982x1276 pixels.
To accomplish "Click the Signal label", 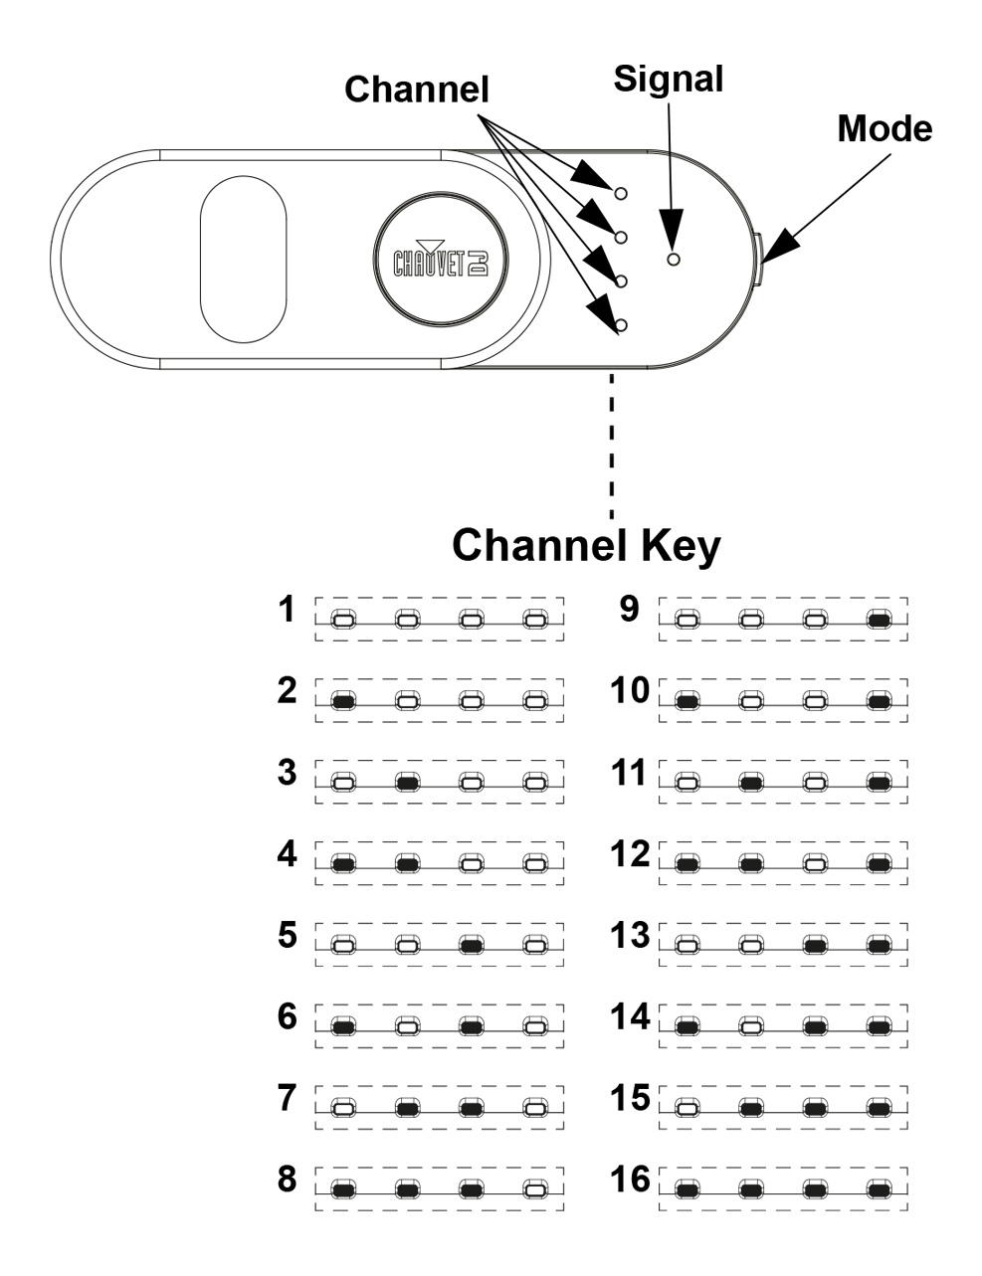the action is (668, 81).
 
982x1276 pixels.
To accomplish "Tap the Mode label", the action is (884, 128).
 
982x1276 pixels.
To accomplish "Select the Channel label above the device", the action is (416, 90).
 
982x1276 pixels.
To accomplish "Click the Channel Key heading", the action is (586, 546).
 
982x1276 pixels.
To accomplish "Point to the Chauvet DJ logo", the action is (441, 259).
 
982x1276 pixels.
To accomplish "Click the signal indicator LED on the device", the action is (674, 259).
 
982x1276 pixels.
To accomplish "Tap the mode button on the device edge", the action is (757, 259).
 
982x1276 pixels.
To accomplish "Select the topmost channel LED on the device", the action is (620, 193).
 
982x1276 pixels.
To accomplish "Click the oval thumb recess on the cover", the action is (243, 259).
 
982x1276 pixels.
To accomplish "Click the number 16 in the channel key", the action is (630, 1179).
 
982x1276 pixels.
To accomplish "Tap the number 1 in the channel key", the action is (287, 609).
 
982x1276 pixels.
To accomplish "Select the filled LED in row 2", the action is (343, 701).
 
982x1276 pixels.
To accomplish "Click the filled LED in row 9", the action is (880, 620).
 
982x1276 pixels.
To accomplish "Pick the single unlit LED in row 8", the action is (535, 1190).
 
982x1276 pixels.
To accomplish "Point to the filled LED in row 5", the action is (471, 946).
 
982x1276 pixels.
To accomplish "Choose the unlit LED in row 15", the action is (687, 1109).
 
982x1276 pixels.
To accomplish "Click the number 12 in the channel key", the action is (630, 853).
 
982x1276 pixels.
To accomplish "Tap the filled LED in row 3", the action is (408, 783).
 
